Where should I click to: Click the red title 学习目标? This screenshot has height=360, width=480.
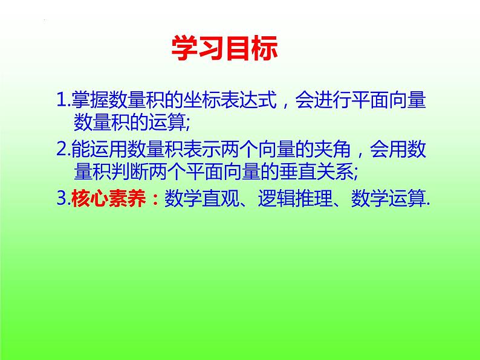(224, 48)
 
